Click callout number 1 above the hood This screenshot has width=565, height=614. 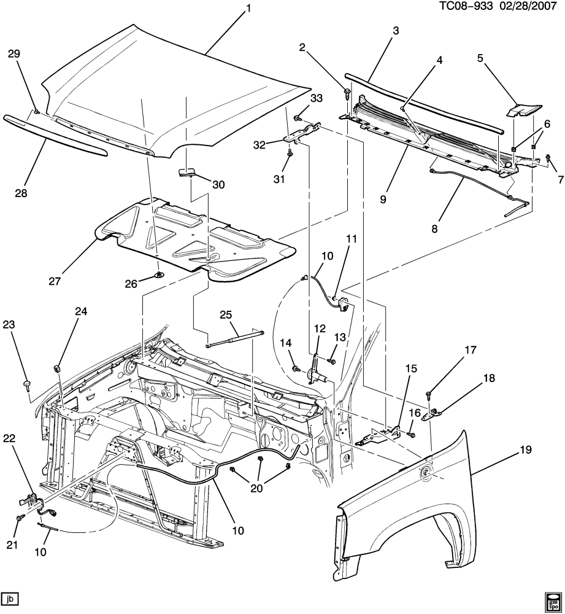(x=248, y=9)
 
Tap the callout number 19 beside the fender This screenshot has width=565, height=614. (x=526, y=449)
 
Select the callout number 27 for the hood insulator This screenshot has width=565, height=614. (x=55, y=281)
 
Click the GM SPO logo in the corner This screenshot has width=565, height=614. (x=552, y=600)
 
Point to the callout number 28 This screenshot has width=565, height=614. (x=21, y=193)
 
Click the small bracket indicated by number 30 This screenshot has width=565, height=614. (x=187, y=173)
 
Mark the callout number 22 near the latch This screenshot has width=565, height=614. (x=9, y=438)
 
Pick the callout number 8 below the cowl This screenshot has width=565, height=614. (x=434, y=228)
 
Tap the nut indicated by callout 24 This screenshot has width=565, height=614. (x=56, y=368)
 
